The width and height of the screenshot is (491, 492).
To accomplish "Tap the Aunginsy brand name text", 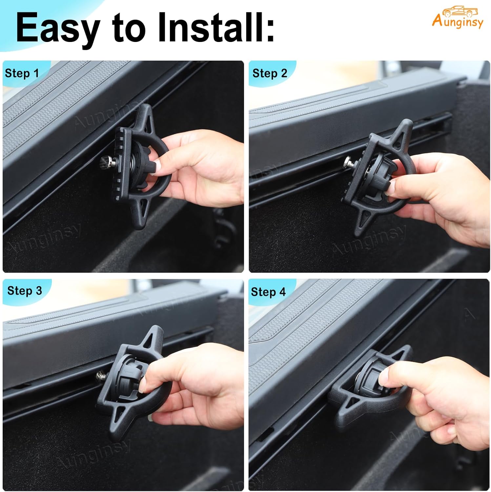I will [x=458, y=22].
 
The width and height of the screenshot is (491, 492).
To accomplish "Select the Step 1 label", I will [x=22, y=73].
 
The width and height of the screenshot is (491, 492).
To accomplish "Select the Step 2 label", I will [x=270, y=73].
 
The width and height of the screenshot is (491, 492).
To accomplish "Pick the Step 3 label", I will [x=25, y=291].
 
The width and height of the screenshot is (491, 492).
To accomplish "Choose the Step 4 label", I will [x=268, y=292].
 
